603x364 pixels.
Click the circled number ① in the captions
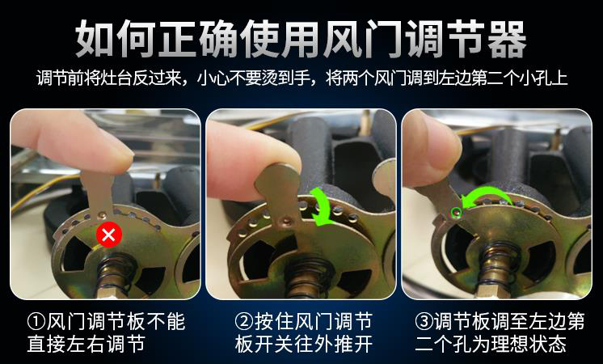click(x=36, y=323)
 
